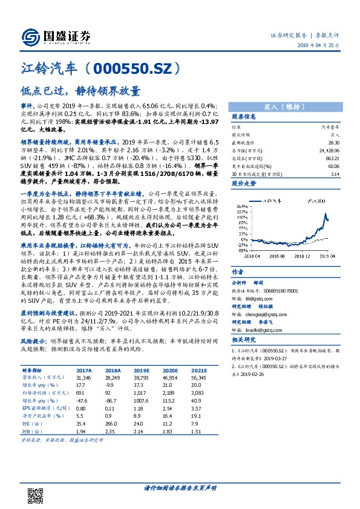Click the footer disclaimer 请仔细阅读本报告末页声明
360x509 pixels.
point(180,487)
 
